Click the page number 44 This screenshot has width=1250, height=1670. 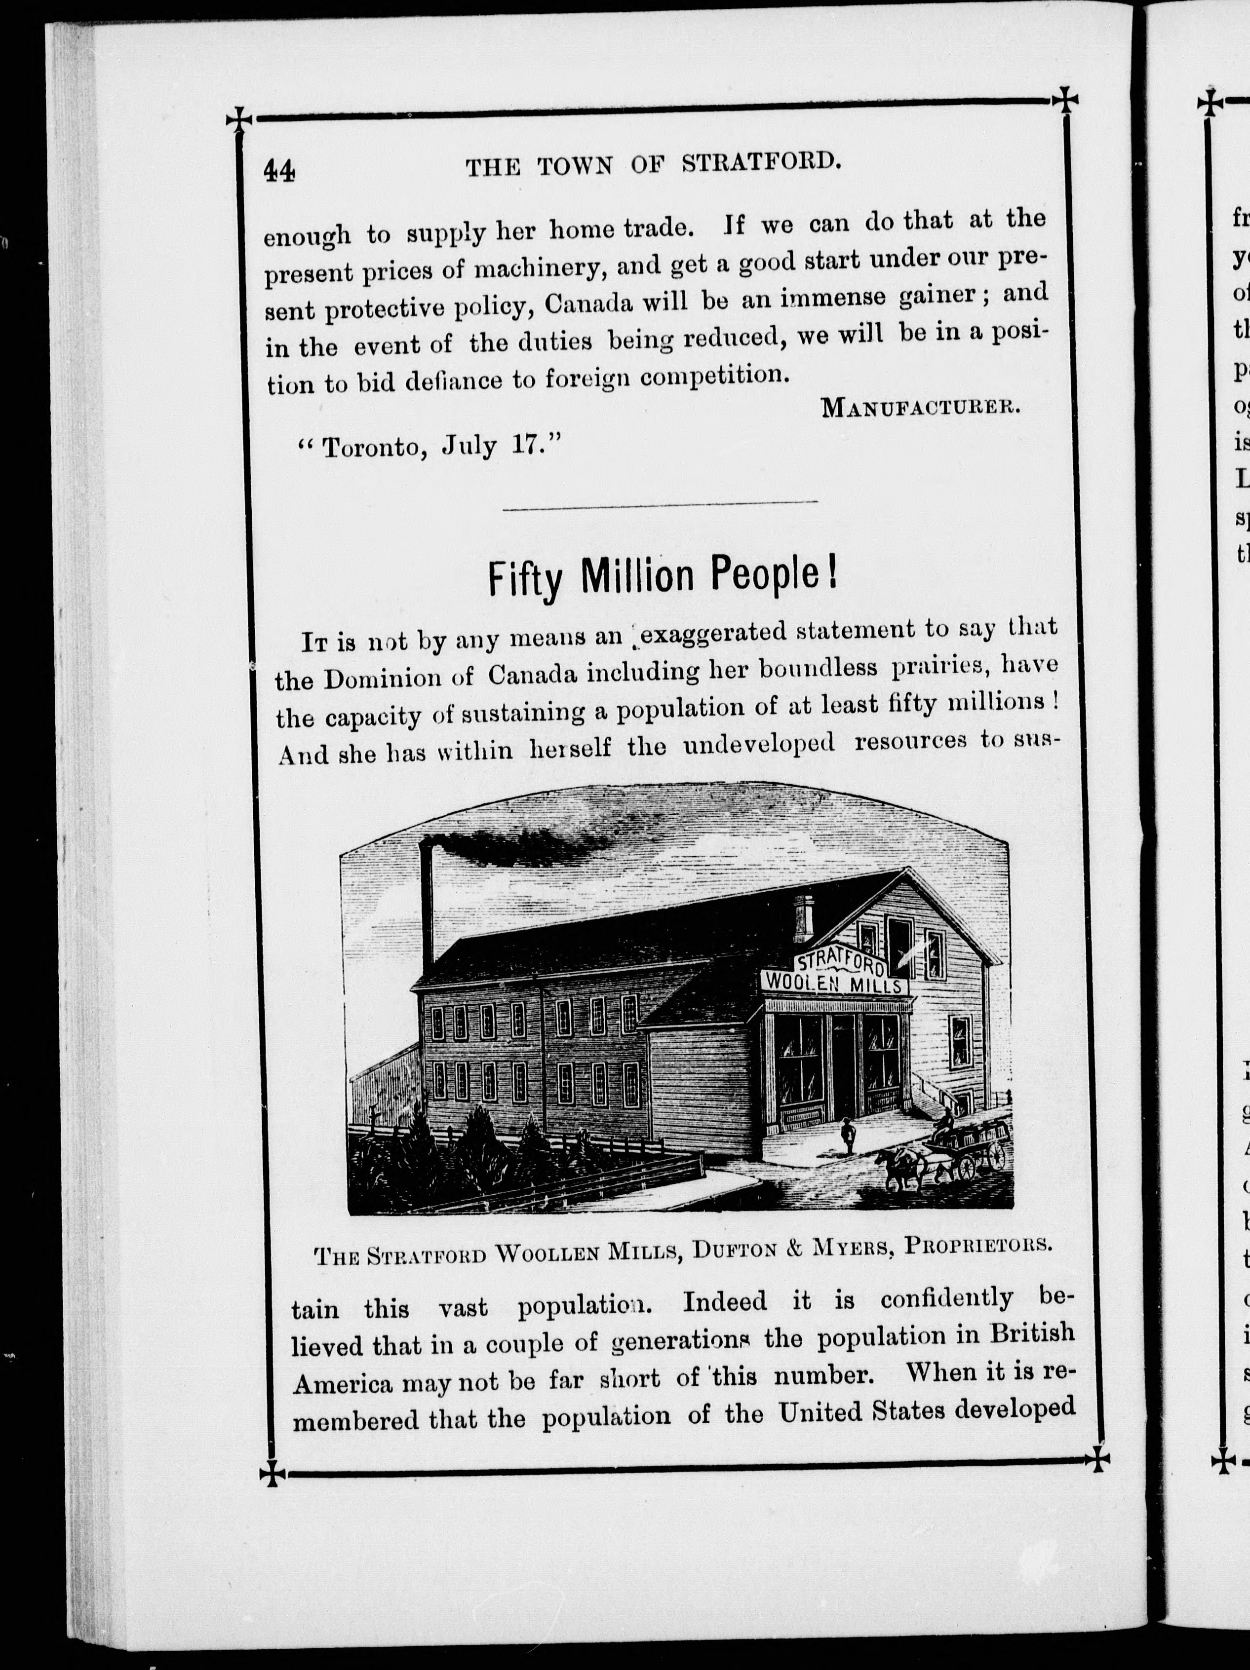[279, 171]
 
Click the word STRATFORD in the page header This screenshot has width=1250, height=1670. [761, 161]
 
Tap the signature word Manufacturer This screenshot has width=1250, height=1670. [921, 408]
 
